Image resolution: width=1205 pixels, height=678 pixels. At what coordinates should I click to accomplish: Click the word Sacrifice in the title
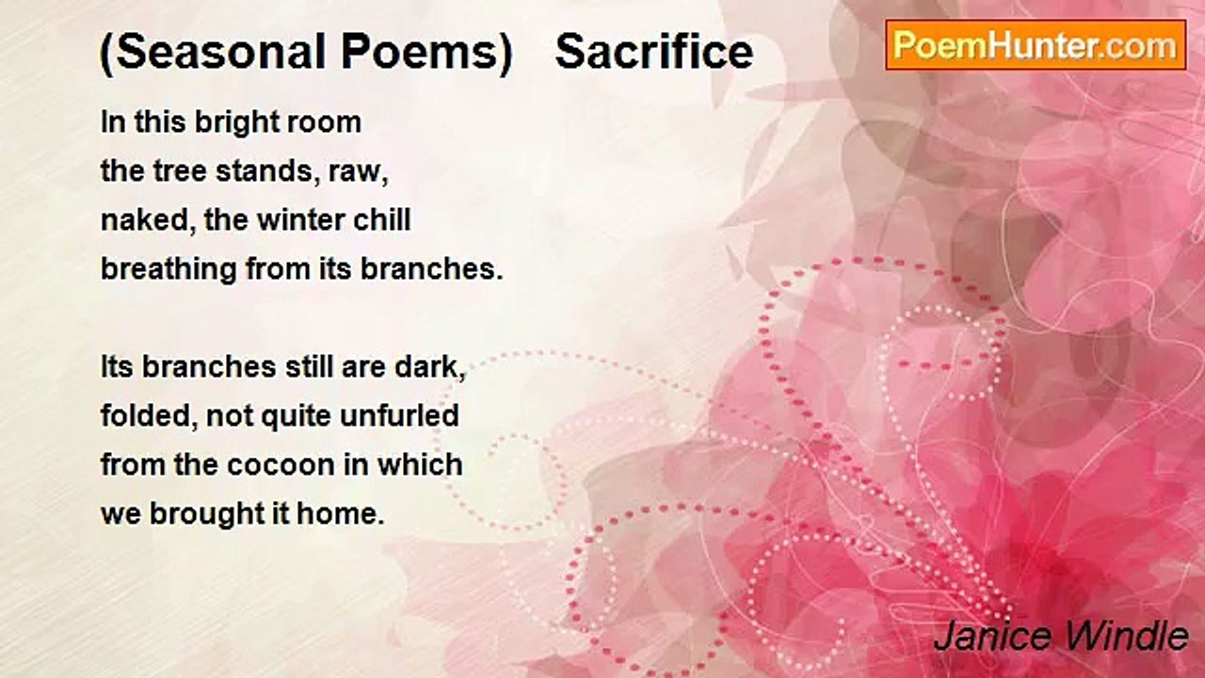point(654,52)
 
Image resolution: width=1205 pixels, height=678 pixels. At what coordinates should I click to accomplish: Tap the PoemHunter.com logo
point(1036,45)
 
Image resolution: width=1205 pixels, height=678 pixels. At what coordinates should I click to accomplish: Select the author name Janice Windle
point(1061,637)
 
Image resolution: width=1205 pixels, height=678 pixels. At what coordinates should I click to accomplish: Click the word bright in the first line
point(236,123)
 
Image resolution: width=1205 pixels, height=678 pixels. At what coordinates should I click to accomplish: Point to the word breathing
point(169,269)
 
